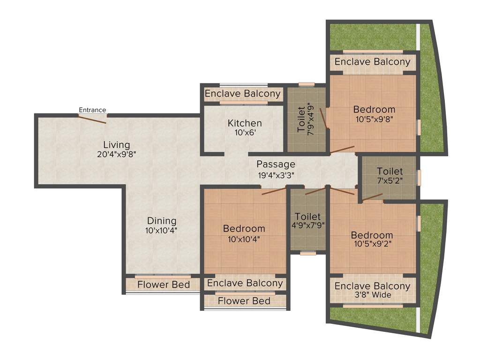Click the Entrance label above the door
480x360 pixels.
click(x=92, y=110)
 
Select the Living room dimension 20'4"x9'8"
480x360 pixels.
click(x=116, y=153)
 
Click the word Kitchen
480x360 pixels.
click(x=245, y=123)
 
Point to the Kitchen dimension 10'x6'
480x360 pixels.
click(x=245, y=133)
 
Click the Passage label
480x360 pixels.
click(x=276, y=165)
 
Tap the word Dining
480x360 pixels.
click(x=162, y=221)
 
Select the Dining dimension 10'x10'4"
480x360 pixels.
click(x=162, y=230)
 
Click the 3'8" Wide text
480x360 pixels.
click(x=372, y=295)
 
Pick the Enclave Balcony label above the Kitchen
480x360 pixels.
click(x=243, y=94)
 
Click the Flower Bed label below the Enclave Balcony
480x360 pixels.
click(x=244, y=301)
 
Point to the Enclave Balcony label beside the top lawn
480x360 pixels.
click(x=372, y=62)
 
